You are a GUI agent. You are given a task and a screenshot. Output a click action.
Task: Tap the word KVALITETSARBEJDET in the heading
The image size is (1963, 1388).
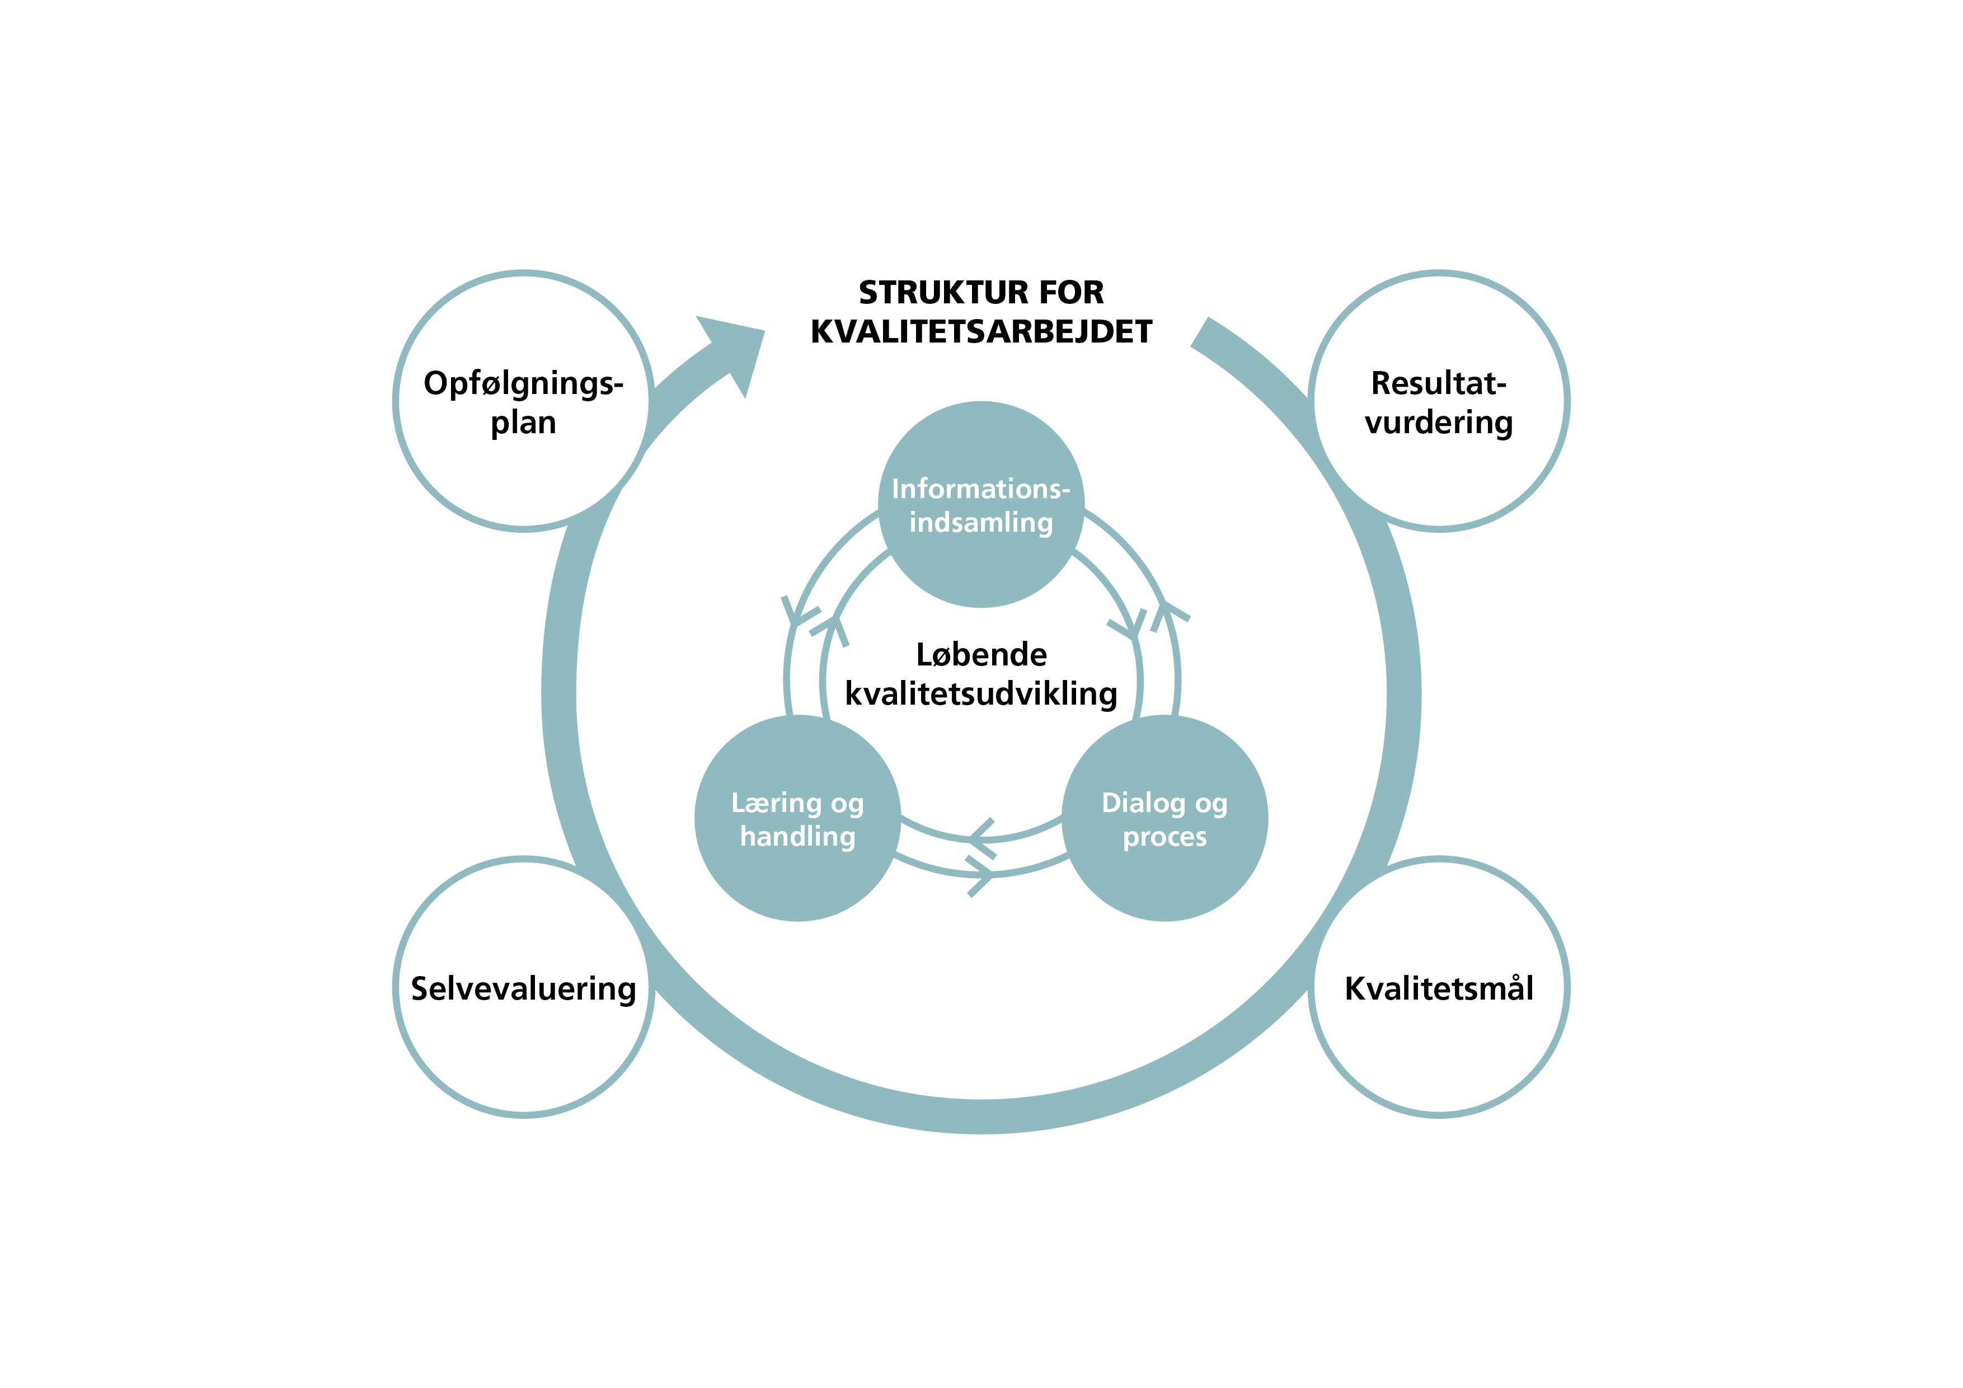pos(981,332)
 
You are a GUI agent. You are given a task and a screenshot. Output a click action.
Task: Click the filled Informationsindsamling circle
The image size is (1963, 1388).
pos(981,565)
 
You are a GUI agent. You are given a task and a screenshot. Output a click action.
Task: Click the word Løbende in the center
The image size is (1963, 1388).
pos(981,654)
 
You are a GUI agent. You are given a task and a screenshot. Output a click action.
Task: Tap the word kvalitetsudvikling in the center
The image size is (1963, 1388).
pos(981,693)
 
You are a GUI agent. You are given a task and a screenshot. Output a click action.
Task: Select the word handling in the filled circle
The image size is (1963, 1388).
pos(798,836)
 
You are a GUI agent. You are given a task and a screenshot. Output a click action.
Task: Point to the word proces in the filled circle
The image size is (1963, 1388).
pos(1164,836)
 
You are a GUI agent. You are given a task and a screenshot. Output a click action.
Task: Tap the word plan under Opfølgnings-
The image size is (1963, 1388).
pos(523,423)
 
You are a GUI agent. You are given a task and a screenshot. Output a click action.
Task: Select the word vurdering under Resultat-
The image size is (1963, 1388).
pos(1439,423)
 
